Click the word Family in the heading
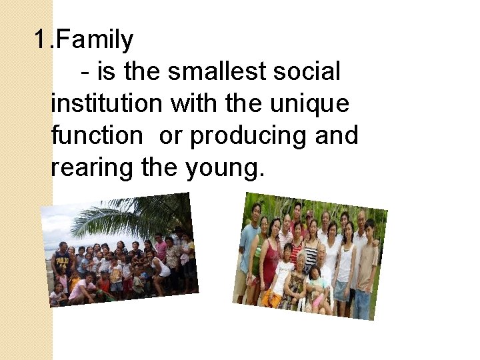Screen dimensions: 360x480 point(95,40)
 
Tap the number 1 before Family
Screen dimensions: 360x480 point(41,40)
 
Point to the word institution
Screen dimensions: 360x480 point(107,103)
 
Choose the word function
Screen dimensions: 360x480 point(97,135)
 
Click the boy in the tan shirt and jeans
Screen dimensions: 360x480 point(365,267)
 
